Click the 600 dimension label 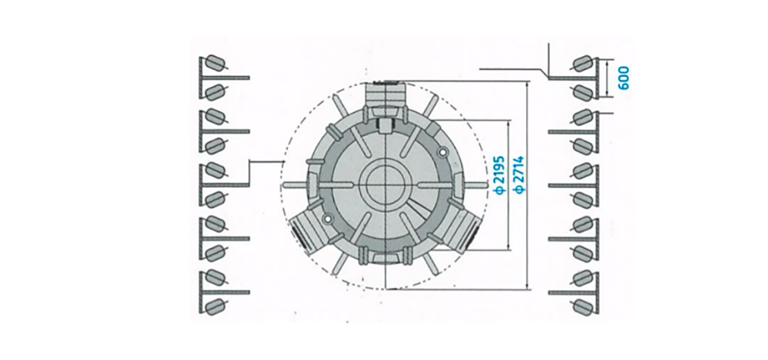click(x=624, y=78)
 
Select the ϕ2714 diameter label click(x=519, y=174)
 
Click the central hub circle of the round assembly click(x=386, y=184)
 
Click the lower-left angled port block click(x=308, y=230)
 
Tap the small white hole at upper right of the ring click(x=443, y=153)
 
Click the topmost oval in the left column click(x=215, y=63)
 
